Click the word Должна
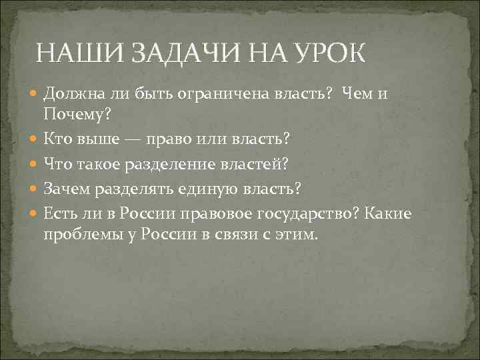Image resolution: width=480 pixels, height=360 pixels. tap(73, 94)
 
